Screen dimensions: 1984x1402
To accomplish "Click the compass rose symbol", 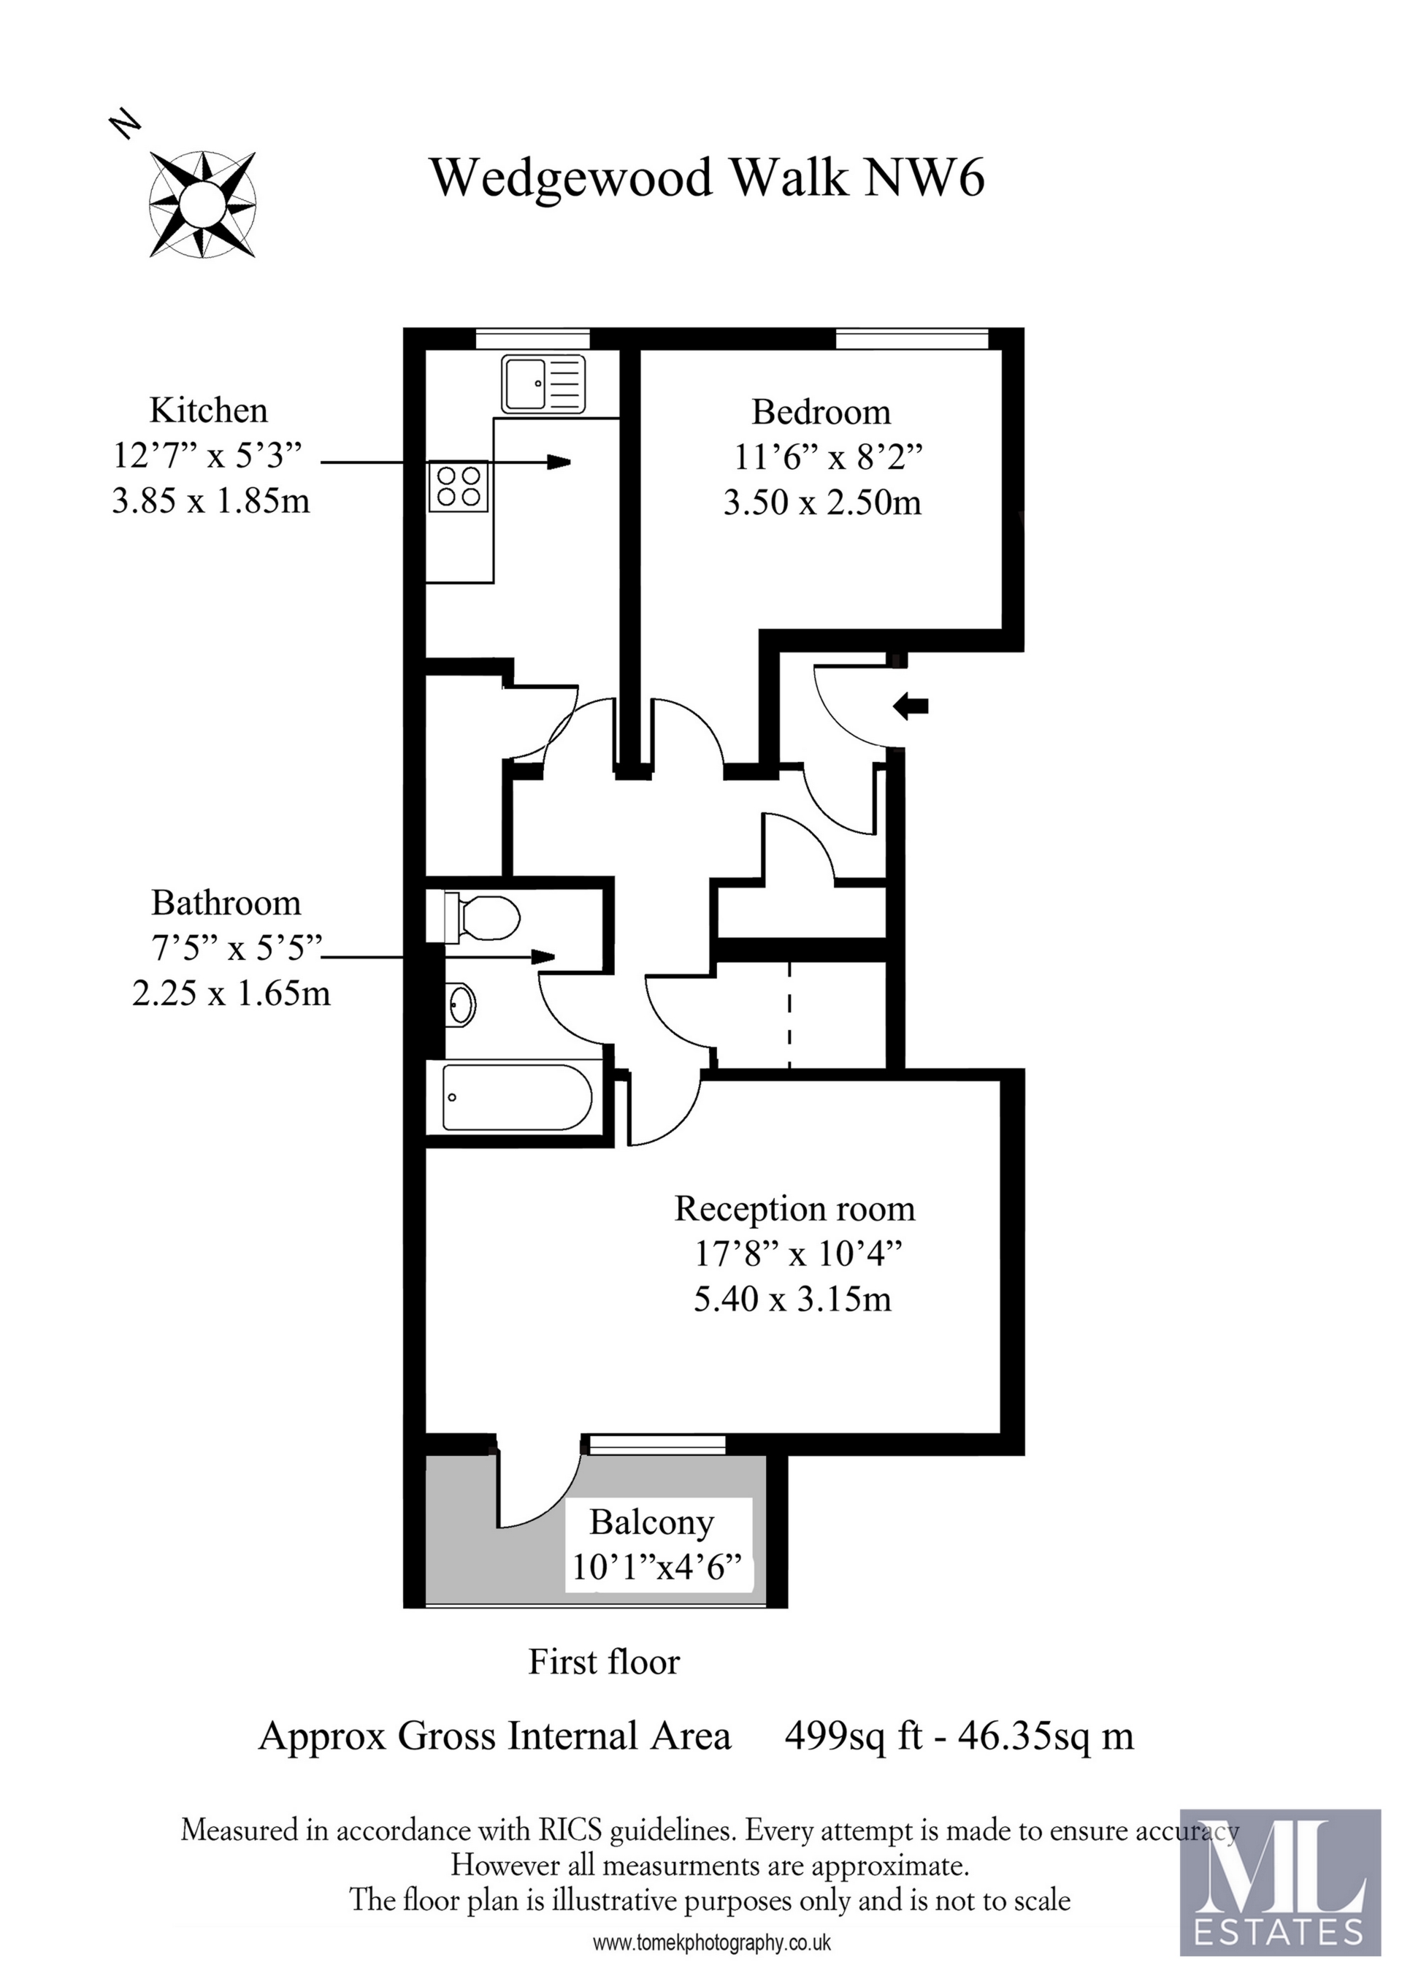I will click(203, 205).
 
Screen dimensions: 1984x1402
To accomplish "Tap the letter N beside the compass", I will click(126, 123).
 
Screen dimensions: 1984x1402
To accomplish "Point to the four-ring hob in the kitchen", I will click(459, 486).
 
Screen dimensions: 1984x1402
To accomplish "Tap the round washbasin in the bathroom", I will click(462, 1005).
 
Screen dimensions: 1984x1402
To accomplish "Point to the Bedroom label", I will click(821, 412).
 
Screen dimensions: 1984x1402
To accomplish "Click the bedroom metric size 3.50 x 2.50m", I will click(821, 502).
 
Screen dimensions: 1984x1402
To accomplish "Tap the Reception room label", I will click(794, 1208).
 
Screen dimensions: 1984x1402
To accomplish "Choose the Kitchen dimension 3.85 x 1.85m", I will click(210, 500).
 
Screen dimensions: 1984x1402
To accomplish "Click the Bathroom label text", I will click(226, 903).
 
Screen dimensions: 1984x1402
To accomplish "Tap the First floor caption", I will click(604, 1662).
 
